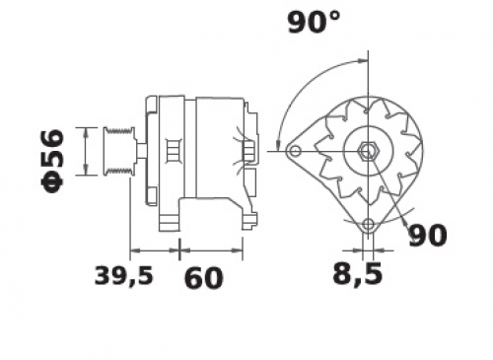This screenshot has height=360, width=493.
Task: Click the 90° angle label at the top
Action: pyautogui.click(x=314, y=22)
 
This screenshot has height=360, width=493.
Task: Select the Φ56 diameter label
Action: pyautogui.click(x=52, y=161)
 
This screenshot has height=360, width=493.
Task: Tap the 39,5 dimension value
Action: pyautogui.click(x=123, y=275)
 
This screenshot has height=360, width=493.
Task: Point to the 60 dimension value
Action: pyautogui.click(x=203, y=278)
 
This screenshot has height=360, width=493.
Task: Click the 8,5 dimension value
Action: pyautogui.click(x=358, y=273)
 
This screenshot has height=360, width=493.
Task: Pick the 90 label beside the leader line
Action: pyautogui.click(x=427, y=236)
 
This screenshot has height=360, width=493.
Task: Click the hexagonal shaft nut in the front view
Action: pyautogui.click(x=369, y=152)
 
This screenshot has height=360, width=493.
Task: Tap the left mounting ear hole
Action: pyautogui.click(x=296, y=152)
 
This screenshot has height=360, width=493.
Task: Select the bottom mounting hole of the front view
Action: pyautogui.click(x=369, y=225)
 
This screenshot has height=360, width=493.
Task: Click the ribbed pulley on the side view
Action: pyautogui.click(x=119, y=151)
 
